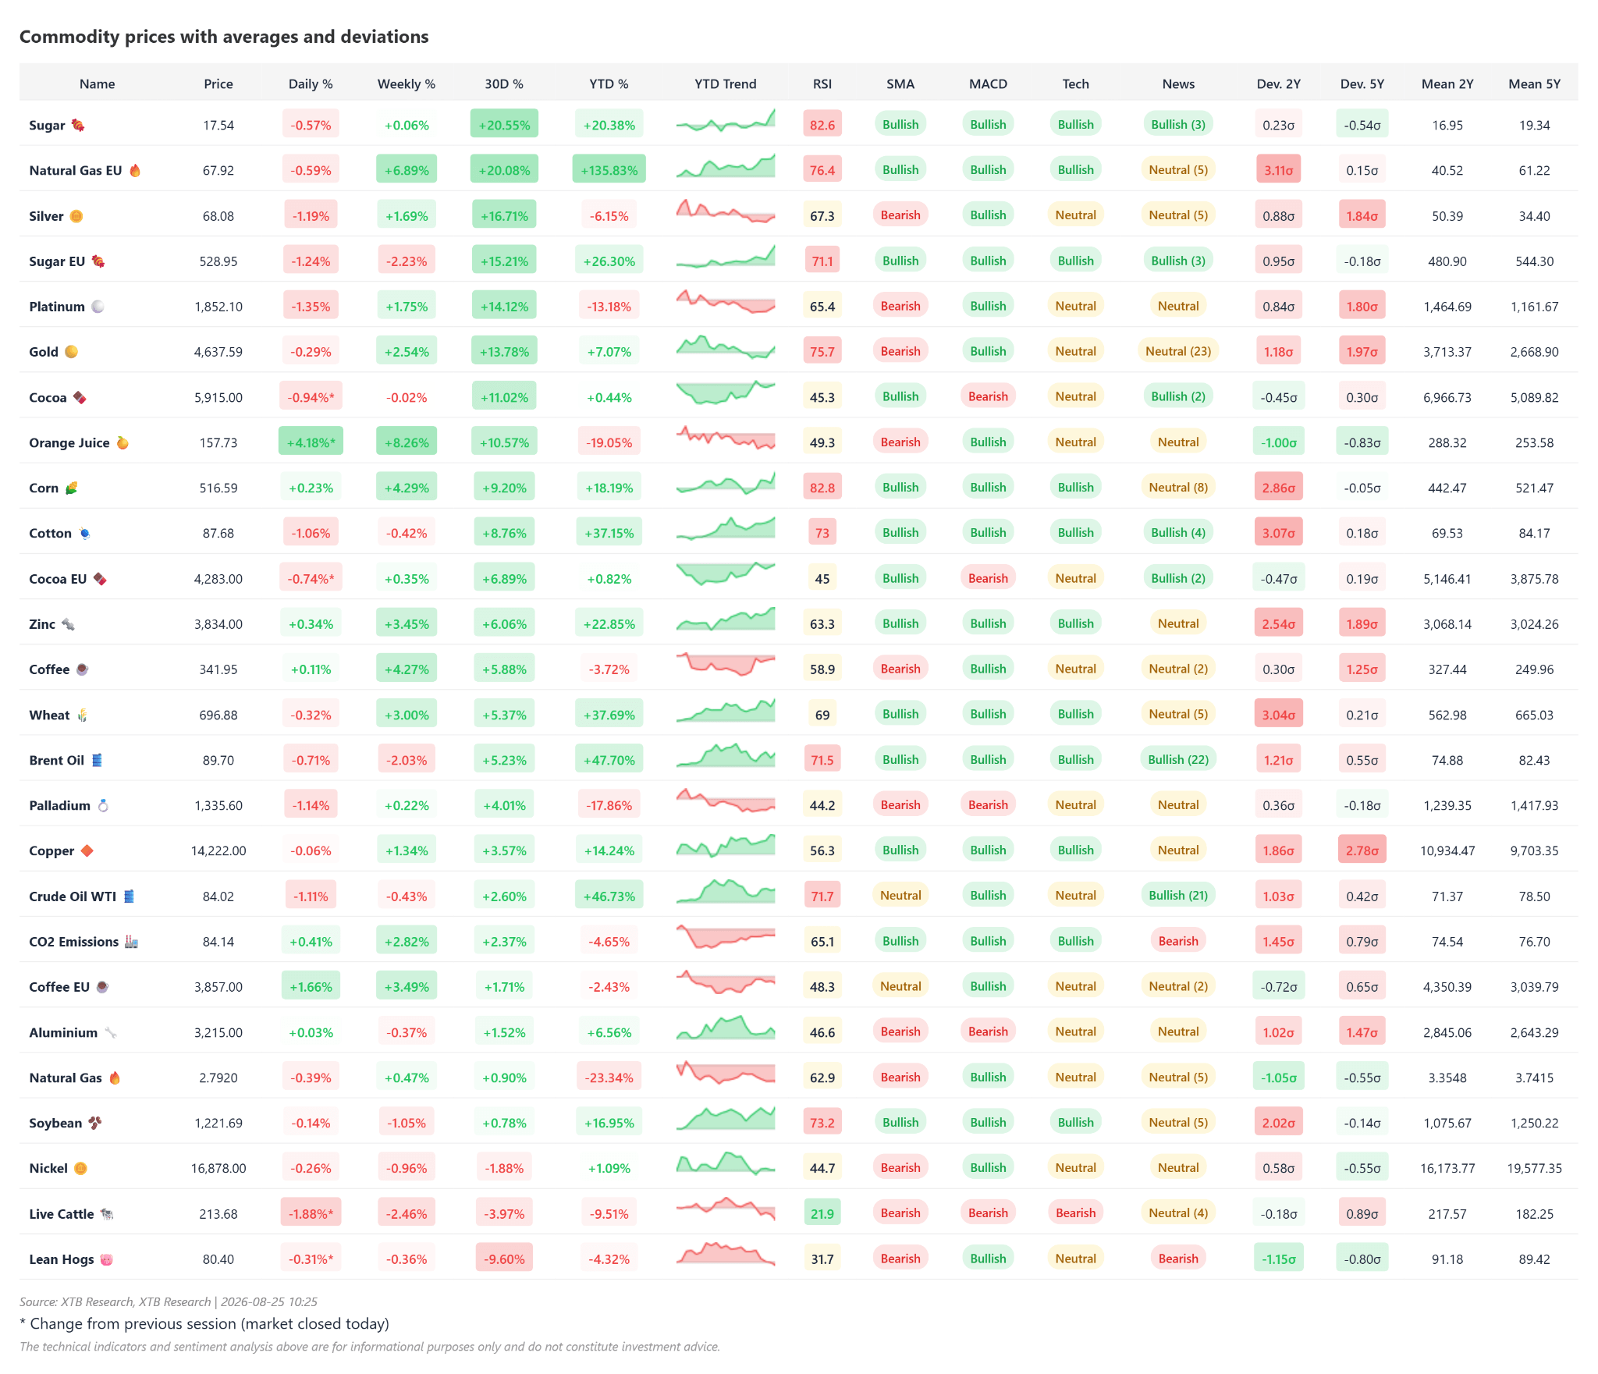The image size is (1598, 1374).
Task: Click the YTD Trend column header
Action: click(x=725, y=83)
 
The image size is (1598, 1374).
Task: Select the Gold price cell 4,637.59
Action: click(x=218, y=352)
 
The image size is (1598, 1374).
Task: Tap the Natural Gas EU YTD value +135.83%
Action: click(x=609, y=170)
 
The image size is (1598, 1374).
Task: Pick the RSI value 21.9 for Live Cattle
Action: click(x=822, y=1213)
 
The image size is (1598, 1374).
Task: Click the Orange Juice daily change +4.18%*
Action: click(x=311, y=442)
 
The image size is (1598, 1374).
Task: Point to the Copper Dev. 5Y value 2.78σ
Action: click(x=1362, y=850)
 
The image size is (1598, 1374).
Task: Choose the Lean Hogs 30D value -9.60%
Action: click(x=504, y=1259)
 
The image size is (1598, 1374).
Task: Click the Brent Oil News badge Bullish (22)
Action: click(x=1178, y=759)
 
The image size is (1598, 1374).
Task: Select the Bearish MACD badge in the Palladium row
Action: click(x=988, y=804)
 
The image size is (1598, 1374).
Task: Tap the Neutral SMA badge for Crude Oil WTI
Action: click(x=900, y=896)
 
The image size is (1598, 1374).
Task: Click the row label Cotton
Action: click(x=50, y=533)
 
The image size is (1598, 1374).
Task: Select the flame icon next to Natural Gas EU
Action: click(x=135, y=170)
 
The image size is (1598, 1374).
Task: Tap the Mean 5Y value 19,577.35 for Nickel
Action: click(x=1534, y=1168)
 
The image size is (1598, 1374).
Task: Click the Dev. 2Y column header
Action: click(x=1278, y=83)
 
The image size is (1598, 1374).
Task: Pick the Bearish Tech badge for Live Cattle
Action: click(x=1075, y=1213)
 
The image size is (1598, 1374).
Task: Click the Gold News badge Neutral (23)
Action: click(x=1178, y=351)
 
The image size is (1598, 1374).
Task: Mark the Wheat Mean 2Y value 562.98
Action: click(x=1447, y=715)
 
